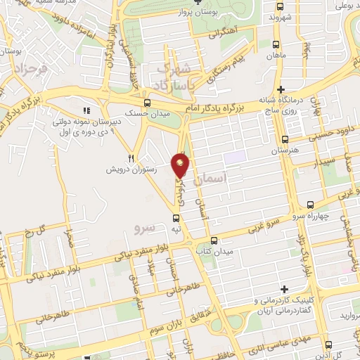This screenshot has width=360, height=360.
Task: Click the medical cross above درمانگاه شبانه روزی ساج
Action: tap(281, 89)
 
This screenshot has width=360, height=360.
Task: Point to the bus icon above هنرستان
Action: tap(285, 139)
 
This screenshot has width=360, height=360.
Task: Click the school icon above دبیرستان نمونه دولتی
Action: tap(87, 110)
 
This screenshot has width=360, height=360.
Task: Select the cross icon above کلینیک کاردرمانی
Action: tap(284, 289)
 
